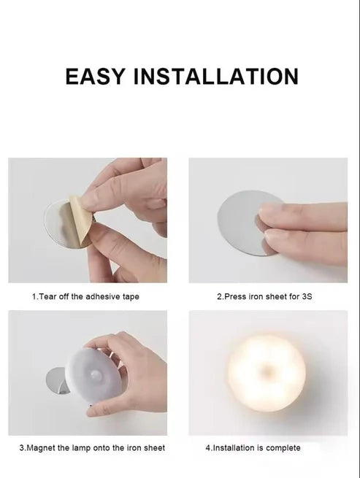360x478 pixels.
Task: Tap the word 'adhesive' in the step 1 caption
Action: coord(97,297)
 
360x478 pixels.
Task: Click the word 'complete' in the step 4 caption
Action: coord(281,447)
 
